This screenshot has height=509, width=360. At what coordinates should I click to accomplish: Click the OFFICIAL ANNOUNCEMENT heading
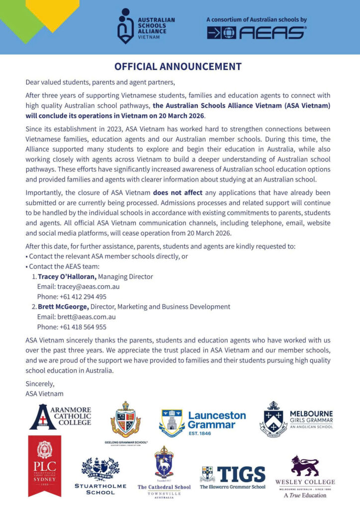pos(178,67)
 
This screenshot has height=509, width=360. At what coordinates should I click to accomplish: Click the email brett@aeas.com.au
pos(77,317)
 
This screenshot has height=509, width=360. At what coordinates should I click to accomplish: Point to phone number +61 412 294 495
pos(72,297)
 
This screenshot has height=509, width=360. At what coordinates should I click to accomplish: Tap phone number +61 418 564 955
pos(72,327)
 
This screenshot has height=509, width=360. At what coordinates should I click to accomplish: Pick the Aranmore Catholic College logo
pos(60,417)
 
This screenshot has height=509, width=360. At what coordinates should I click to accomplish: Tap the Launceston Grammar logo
pos(203,421)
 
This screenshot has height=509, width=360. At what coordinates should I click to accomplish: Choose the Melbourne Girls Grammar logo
pos(296,418)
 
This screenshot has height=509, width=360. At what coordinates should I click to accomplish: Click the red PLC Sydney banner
pos(45,465)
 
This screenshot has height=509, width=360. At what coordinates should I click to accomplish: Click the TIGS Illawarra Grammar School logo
pos(233,477)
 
